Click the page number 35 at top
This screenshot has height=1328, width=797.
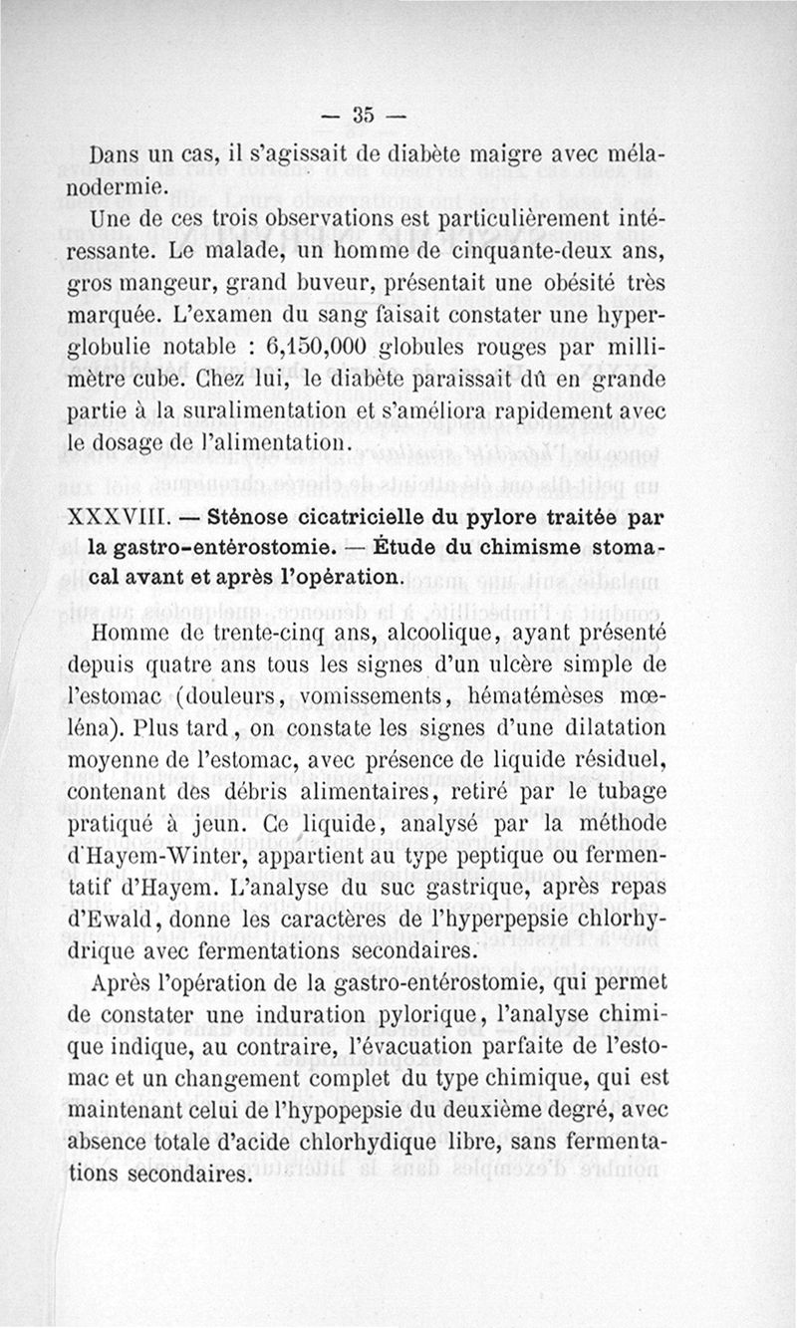pos(360,115)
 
